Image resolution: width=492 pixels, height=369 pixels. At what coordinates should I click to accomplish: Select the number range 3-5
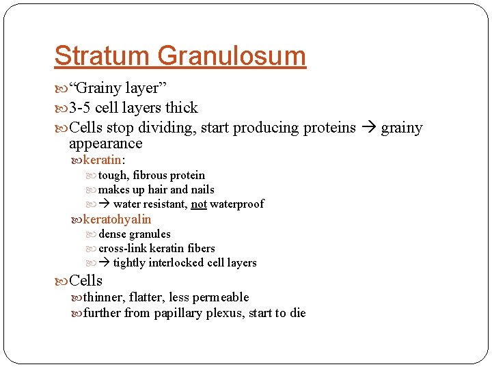tap(80, 108)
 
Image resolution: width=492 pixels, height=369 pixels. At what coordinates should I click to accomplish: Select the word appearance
tap(105, 143)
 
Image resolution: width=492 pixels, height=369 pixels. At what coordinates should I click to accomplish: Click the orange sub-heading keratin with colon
tap(102, 160)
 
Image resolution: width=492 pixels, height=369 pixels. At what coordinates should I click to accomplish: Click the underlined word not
tap(199, 204)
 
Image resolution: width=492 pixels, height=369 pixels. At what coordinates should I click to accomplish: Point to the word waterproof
tap(236, 204)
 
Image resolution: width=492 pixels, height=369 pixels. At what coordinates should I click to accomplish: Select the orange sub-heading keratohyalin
tap(117, 219)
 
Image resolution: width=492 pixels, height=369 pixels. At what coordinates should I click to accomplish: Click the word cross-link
tap(122, 248)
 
